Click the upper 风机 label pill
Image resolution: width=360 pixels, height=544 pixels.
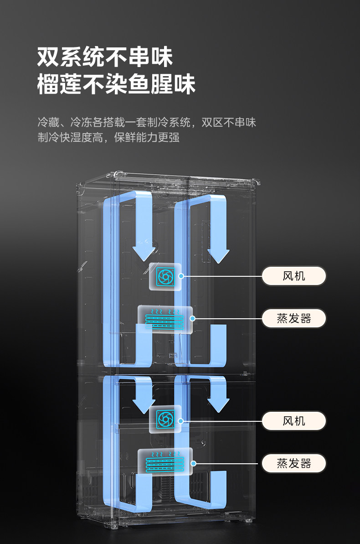pyautogui.click(x=294, y=276)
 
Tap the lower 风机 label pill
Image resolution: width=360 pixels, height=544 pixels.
pyautogui.click(x=294, y=421)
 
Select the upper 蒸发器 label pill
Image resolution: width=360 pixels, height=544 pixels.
pyautogui.click(x=294, y=318)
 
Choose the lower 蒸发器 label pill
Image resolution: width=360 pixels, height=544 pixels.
pyautogui.click(x=294, y=464)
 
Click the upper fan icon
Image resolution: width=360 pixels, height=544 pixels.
pyautogui.click(x=165, y=276)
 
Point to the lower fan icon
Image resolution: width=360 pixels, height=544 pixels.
pyautogui.click(x=165, y=419)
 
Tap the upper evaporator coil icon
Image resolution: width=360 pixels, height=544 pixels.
pyautogui.click(x=165, y=318)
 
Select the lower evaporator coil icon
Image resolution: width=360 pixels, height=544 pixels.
pyautogui.click(x=165, y=461)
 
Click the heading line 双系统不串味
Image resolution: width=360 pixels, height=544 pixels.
pyautogui.click(x=105, y=58)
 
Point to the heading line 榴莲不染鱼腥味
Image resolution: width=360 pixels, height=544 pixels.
pyautogui.click(x=116, y=84)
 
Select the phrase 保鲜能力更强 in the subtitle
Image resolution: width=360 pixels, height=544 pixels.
pyautogui.click(x=147, y=137)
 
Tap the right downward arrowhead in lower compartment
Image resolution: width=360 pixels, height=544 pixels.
pyautogui.click(x=218, y=404)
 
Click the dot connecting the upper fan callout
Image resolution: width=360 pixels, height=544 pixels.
pyautogui.click(x=181, y=276)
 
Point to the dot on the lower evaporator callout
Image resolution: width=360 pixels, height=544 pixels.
pyautogui.click(x=194, y=463)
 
